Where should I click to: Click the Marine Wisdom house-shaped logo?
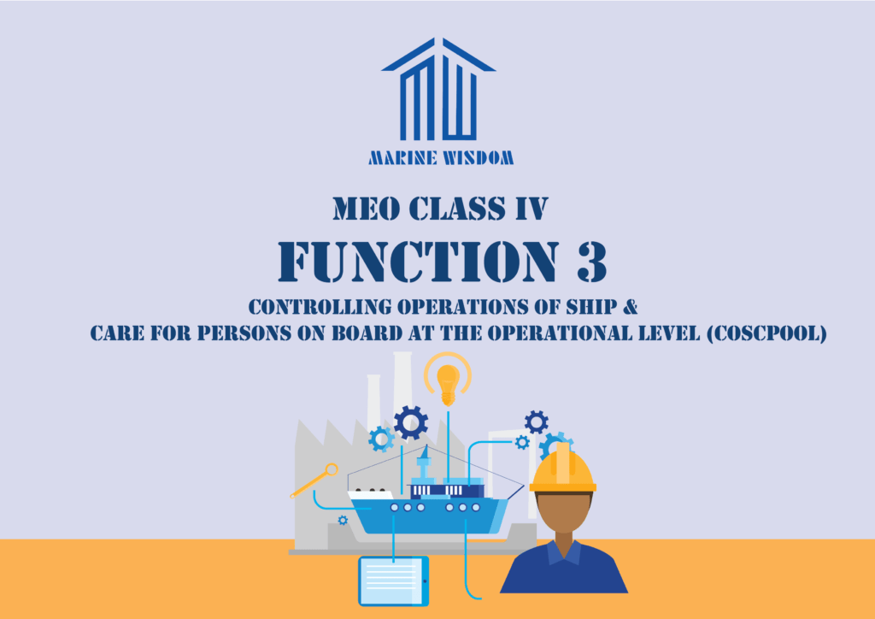click(x=438, y=89)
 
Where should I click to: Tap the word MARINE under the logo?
click(x=402, y=158)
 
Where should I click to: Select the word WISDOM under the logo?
click(x=479, y=158)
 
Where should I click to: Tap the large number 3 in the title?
click(x=592, y=262)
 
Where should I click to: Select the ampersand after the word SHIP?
click(x=630, y=306)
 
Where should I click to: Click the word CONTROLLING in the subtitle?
click(x=320, y=307)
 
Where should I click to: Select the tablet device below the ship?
click(x=394, y=581)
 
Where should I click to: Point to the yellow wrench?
click(x=314, y=480)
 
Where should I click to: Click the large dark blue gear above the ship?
click(x=411, y=422)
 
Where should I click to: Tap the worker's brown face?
click(x=563, y=512)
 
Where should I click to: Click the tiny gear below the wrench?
click(x=343, y=520)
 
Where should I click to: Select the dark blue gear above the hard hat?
click(x=537, y=422)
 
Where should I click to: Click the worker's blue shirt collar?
click(x=564, y=552)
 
